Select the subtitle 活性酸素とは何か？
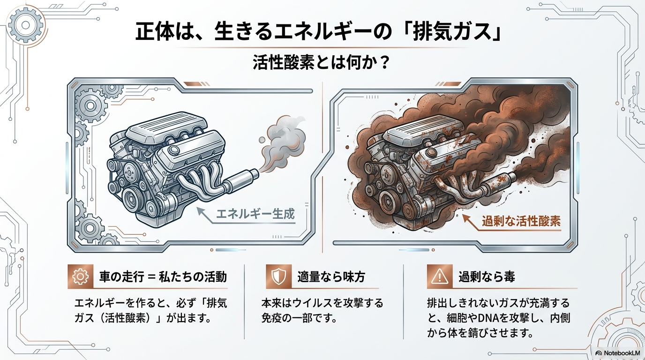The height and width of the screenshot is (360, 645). (322, 63)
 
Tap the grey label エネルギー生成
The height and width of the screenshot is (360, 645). (255, 215)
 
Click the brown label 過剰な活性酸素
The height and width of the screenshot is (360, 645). (521, 220)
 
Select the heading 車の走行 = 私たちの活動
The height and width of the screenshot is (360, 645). (163, 277)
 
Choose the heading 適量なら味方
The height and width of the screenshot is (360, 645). (331, 277)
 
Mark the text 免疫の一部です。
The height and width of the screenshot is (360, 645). (300, 318)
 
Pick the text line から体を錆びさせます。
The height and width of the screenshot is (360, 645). (480, 334)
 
